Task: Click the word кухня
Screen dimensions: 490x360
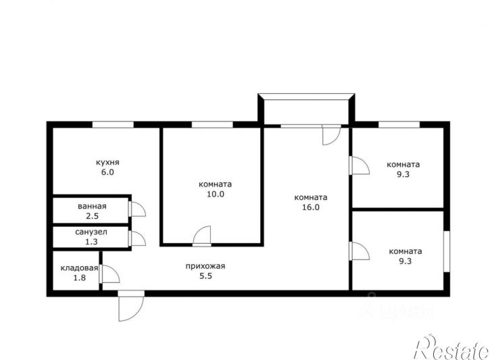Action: (x=107, y=162)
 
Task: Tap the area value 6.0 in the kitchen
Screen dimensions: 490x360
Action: (x=107, y=172)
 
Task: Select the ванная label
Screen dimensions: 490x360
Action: (x=92, y=206)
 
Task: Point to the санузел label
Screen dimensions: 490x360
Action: (x=91, y=232)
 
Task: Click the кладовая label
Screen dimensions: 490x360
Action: (x=79, y=268)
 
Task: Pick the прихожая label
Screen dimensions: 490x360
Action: (x=205, y=266)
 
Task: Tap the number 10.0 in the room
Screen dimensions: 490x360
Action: (x=216, y=194)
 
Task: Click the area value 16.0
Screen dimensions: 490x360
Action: (x=311, y=207)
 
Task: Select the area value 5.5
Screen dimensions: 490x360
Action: (x=205, y=276)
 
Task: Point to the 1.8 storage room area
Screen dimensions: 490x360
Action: (x=79, y=278)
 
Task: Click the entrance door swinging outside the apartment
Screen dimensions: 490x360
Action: (x=131, y=306)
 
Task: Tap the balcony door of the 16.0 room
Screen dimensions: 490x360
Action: (x=331, y=134)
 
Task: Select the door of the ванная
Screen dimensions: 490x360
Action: (x=137, y=209)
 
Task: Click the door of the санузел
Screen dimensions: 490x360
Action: (x=137, y=238)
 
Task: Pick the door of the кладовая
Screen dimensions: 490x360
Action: (x=109, y=274)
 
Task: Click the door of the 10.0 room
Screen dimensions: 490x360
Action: (x=201, y=236)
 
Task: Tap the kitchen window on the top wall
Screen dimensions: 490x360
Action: (x=113, y=124)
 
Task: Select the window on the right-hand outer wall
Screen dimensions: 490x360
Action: (x=447, y=251)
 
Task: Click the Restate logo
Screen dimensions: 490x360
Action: (x=452, y=348)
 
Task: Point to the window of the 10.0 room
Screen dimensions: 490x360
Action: (x=212, y=124)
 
